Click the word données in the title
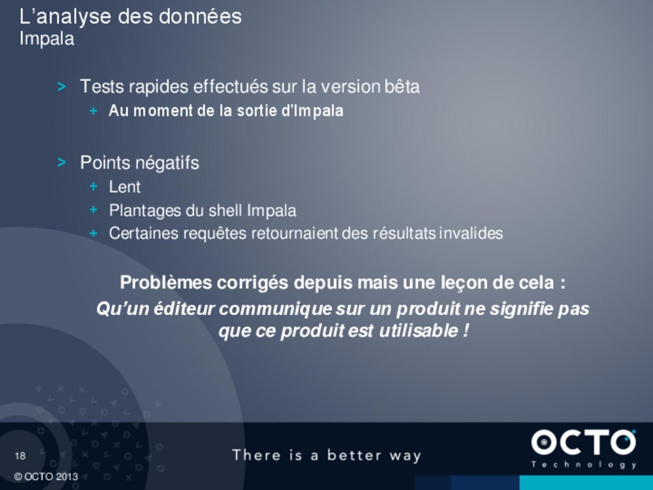(x=200, y=16)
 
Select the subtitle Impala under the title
(x=47, y=39)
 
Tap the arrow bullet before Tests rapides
(x=61, y=87)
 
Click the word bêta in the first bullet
(x=402, y=87)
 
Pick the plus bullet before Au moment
(x=93, y=111)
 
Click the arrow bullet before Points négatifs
(x=61, y=162)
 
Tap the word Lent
(x=125, y=187)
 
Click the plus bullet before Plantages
(x=93, y=210)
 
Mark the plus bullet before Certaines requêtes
(x=93, y=233)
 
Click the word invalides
(x=471, y=233)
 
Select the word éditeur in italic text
(x=184, y=309)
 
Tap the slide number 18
(x=20, y=456)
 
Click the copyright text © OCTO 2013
(x=46, y=477)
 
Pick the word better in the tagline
(x=354, y=455)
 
